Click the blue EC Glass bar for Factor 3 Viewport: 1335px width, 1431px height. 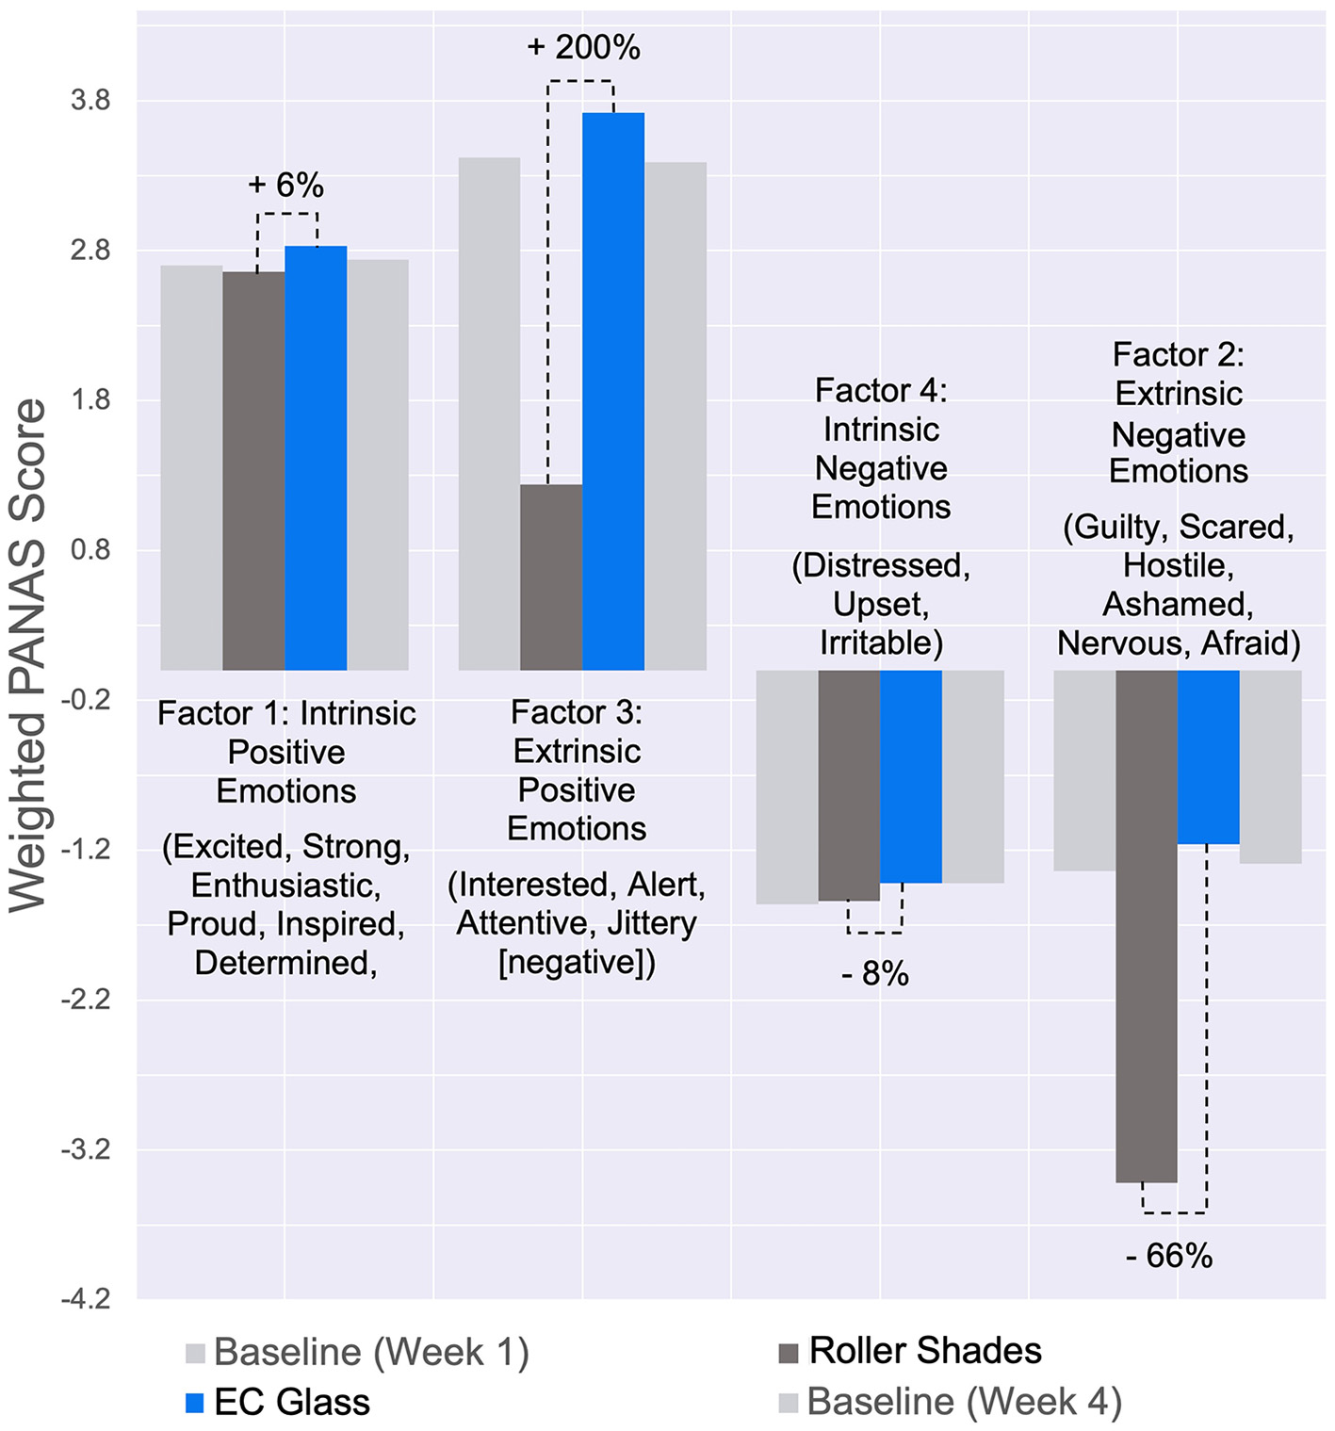coord(612,391)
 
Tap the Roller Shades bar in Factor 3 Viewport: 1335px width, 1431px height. coord(551,577)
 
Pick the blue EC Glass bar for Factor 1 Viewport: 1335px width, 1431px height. coord(316,458)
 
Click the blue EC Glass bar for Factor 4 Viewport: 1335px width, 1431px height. coord(910,776)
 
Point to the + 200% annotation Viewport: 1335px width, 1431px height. coord(583,47)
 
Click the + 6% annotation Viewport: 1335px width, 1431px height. coord(285,185)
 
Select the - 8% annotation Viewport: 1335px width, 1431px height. coord(874,973)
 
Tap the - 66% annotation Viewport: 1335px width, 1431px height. coord(1168,1256)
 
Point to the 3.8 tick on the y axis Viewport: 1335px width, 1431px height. coord(90,101)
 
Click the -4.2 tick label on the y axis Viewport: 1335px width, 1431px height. coord(86,1299)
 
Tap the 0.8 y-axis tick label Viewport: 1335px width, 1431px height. coord(90,549)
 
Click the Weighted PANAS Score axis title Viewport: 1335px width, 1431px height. coord(28,655)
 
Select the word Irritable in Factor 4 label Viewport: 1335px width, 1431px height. coord(877,642)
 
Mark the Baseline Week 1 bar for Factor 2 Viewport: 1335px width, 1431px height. coord(1084,770)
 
